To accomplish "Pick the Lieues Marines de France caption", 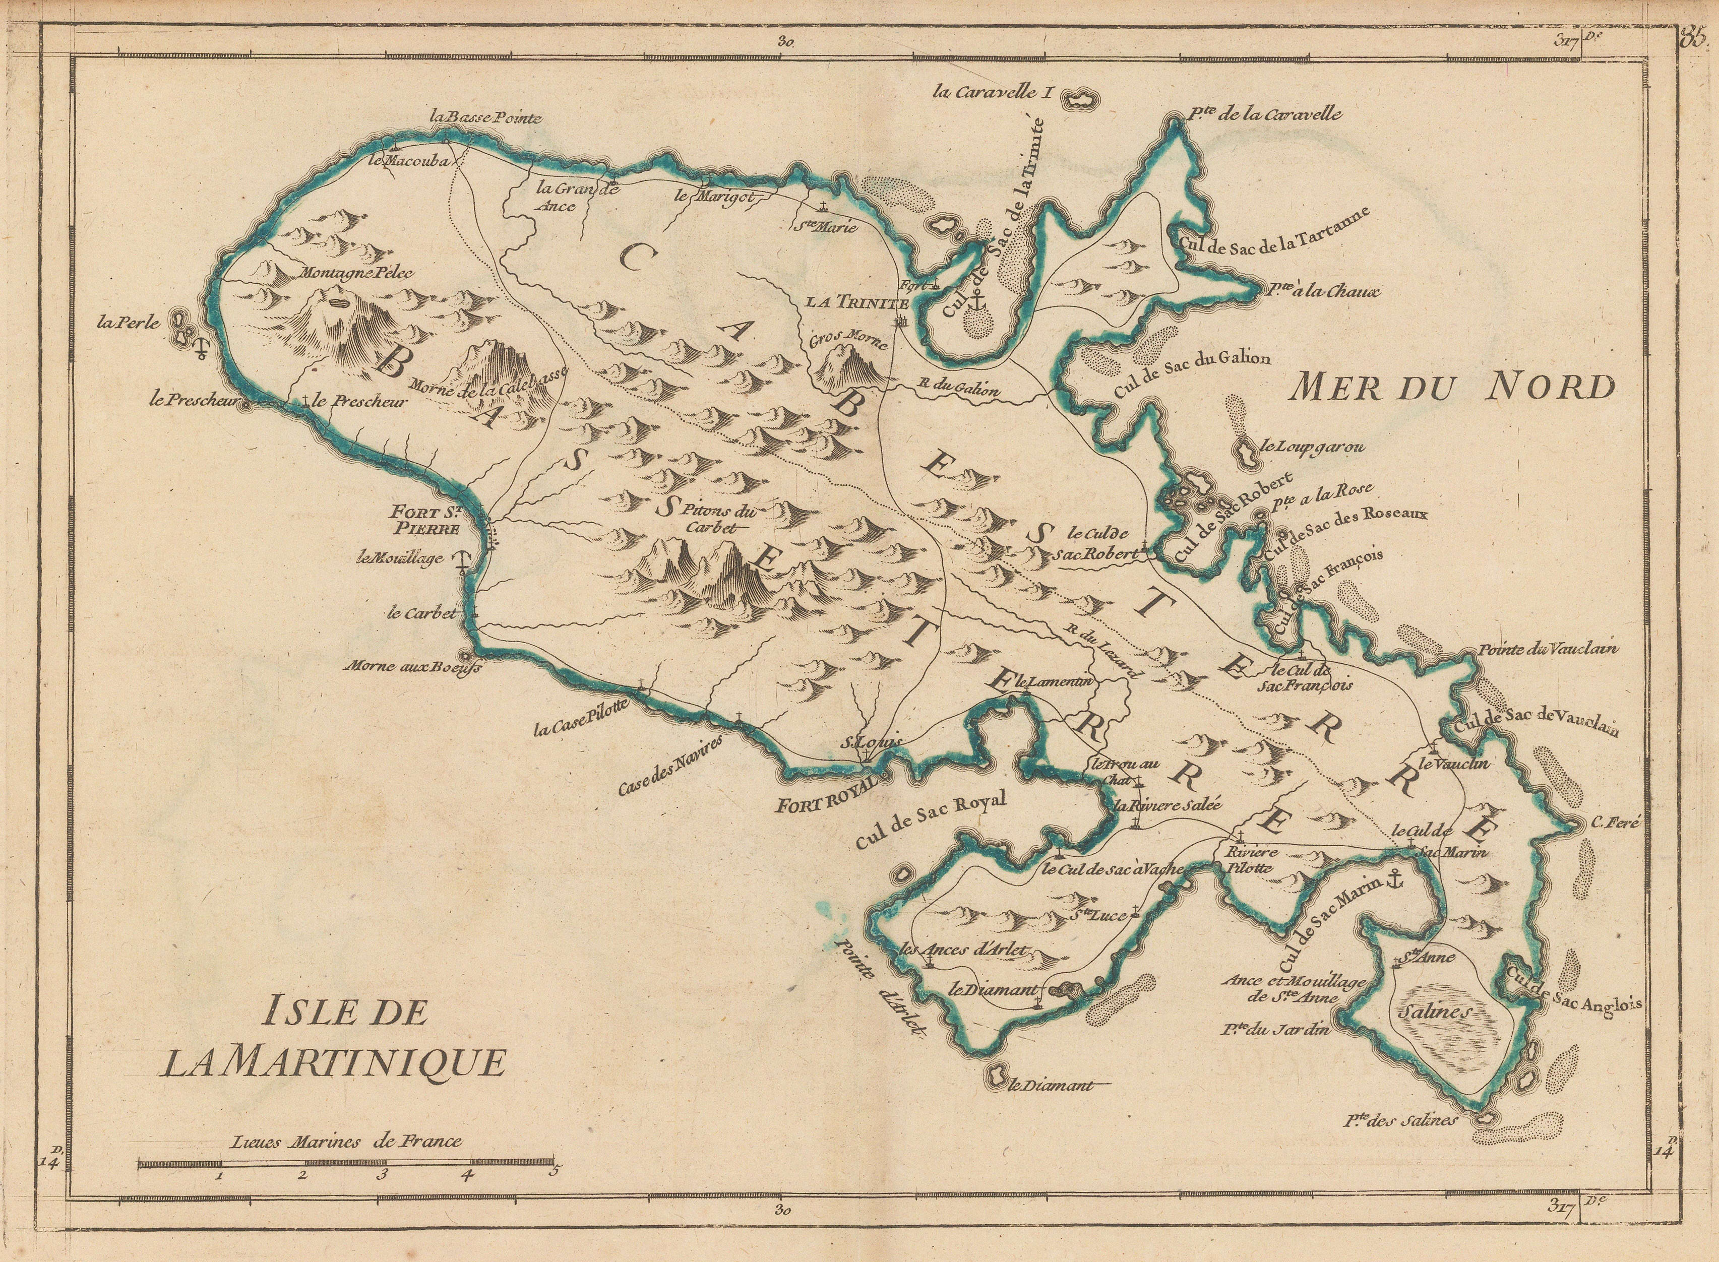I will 345,1142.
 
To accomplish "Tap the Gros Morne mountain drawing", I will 848,367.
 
